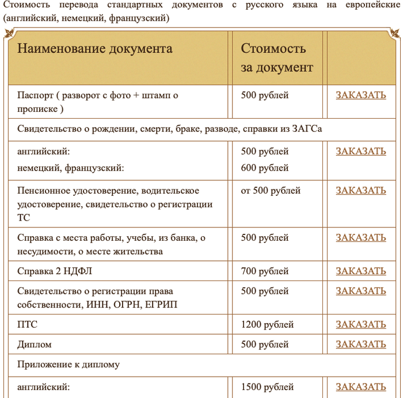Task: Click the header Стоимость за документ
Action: (x=277, y=58)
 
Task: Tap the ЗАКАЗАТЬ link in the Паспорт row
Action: (x=361, y=95)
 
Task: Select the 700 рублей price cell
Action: (x=265, y=271)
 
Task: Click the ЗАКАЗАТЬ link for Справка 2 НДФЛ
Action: (x=361, y=271)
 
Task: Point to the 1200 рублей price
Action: (x=267, y=325)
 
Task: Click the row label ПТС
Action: (x=27, y=325)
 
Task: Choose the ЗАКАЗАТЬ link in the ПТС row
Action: (x=361, y=325)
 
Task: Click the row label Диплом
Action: (x=34, y=344)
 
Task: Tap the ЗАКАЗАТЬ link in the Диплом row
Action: (x=361, y=344)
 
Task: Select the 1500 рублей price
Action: (x=267, y=387)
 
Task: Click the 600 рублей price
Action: (x=265, y=168)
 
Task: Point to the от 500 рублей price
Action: (x=271, y=191)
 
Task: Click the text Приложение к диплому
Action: (x=69, y=365)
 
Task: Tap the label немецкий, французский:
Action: (x=71, y=168)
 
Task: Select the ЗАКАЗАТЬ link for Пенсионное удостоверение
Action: (x=361, y=191)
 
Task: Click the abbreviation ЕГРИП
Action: (x=161, y=305)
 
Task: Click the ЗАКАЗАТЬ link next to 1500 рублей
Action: (x=361, y=387)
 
